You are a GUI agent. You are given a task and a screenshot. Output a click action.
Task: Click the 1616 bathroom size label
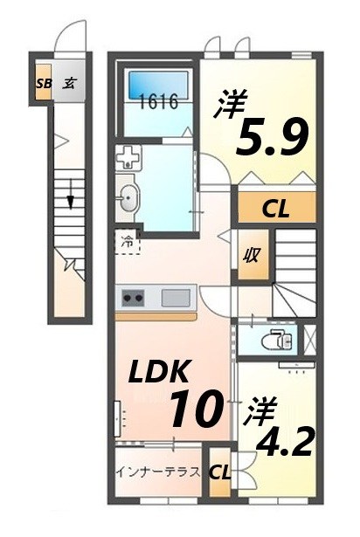(159, 102)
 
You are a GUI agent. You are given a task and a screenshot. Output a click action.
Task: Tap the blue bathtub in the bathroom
(159, 86)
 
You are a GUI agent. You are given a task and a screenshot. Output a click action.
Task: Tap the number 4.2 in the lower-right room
(282, 442)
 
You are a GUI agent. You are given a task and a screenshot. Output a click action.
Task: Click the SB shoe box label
(44, 85)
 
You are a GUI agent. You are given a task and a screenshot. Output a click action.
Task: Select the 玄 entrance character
(72, 85)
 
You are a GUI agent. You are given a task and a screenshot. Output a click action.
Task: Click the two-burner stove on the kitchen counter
(133, 297)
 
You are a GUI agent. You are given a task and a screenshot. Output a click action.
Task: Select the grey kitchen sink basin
(175, 297)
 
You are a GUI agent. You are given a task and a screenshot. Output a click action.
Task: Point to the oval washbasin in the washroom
(127, 197)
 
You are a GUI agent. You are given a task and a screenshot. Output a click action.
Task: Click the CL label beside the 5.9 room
(277, 209)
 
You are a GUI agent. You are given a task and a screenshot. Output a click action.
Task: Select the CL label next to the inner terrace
(221, 473)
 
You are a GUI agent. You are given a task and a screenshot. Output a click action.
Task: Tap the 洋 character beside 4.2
(256, 408)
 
